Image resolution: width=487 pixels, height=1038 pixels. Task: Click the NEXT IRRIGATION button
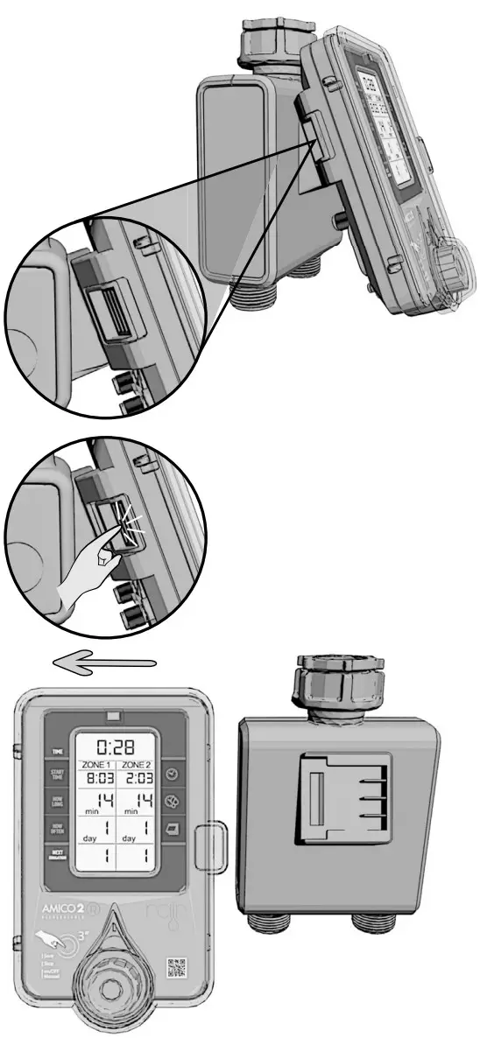click(59, 856)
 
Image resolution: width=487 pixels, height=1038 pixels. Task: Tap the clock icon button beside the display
click(172, 774)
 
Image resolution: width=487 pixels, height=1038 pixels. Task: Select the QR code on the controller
click(177, 968)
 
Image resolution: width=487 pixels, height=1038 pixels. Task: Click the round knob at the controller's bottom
click(114, 985)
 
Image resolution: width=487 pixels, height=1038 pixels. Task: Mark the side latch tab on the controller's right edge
click(211, 845)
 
